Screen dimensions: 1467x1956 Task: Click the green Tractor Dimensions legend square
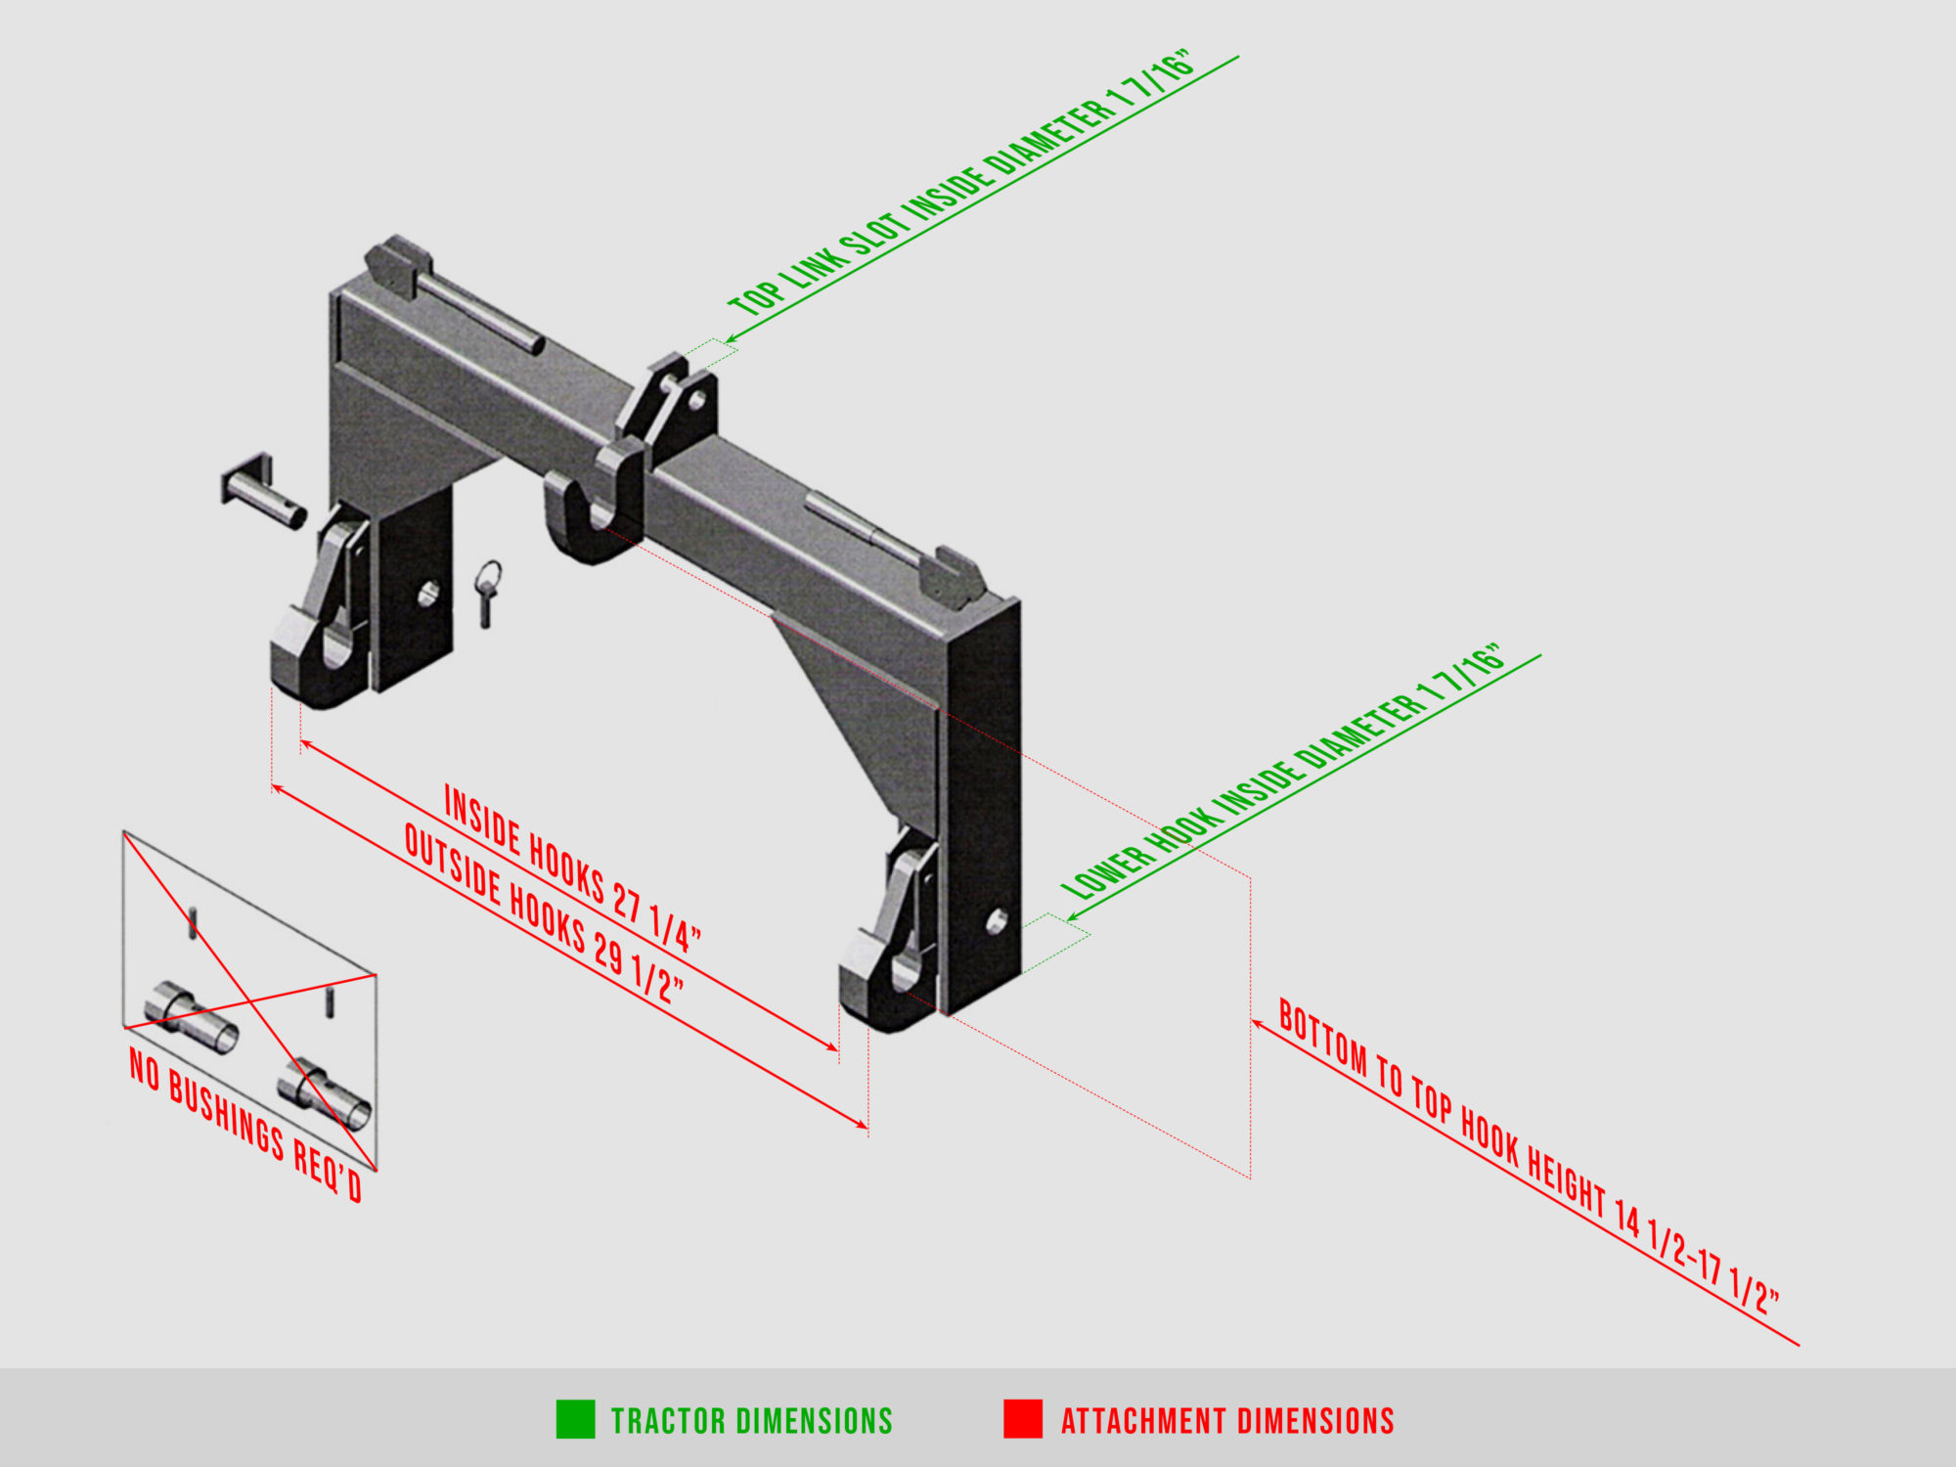[x=575, y=1419]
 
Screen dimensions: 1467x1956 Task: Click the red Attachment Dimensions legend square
[x=1022, y=1419]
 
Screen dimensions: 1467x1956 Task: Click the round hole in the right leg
[x=997, y=921]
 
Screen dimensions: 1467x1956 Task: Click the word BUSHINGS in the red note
[x=226, y=1116]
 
